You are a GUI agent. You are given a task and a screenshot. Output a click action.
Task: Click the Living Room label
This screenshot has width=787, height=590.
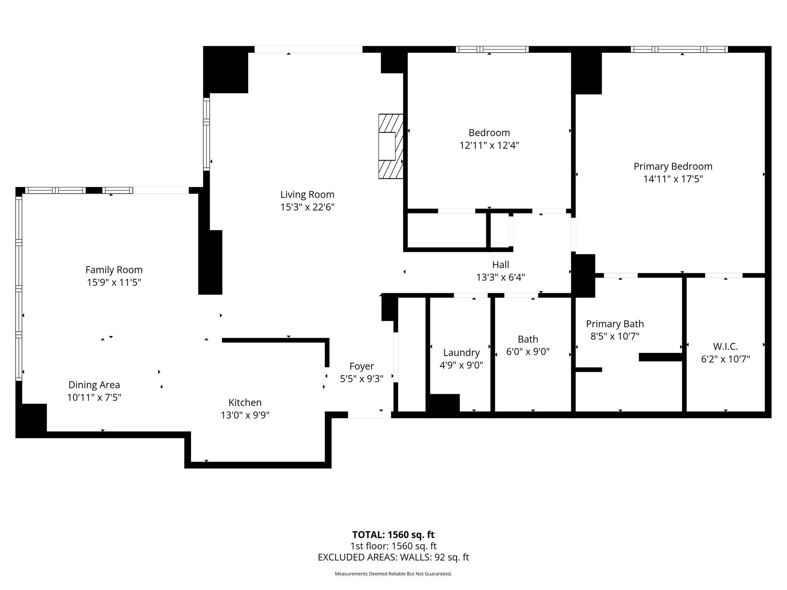[307, 195]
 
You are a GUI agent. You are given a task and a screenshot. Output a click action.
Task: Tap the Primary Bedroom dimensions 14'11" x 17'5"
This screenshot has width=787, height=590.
[673, 179]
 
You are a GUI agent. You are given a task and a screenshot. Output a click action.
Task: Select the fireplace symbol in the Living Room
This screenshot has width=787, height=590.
[390, 146]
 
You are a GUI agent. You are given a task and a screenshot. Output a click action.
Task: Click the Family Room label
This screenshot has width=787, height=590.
[114, 270]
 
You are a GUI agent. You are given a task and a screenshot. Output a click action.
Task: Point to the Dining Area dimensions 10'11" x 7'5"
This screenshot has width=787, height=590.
[94, 398]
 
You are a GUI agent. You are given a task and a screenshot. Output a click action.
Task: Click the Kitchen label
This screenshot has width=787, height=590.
[245, 403]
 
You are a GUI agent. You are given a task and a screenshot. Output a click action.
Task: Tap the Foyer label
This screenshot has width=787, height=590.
[362, 366]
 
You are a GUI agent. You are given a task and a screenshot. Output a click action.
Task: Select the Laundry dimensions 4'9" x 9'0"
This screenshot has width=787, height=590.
[461, 365]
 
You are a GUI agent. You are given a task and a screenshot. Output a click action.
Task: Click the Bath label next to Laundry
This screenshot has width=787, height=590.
[528, 339]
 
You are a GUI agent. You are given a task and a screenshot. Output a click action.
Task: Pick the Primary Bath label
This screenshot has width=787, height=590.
[614, 324]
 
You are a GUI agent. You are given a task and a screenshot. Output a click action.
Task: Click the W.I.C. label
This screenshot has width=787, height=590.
[725, 346]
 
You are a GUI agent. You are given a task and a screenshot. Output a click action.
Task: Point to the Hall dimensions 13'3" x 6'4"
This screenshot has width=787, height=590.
[500, 277]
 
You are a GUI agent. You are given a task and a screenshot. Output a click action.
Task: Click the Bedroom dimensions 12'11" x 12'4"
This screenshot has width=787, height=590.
[489, 146]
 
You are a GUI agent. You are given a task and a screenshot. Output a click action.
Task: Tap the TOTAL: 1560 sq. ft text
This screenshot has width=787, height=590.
[393, 535]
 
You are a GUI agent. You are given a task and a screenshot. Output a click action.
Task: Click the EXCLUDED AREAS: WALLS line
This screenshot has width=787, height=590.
[393, 557]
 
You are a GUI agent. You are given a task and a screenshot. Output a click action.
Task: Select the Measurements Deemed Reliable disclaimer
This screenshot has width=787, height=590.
[393, 574]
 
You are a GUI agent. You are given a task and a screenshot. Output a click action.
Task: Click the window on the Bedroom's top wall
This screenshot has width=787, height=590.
[492, 49]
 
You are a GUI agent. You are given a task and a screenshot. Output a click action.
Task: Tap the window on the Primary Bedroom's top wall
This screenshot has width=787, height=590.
[679, 49]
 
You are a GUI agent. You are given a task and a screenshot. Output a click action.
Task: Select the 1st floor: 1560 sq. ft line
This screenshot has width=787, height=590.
[393, 546]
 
